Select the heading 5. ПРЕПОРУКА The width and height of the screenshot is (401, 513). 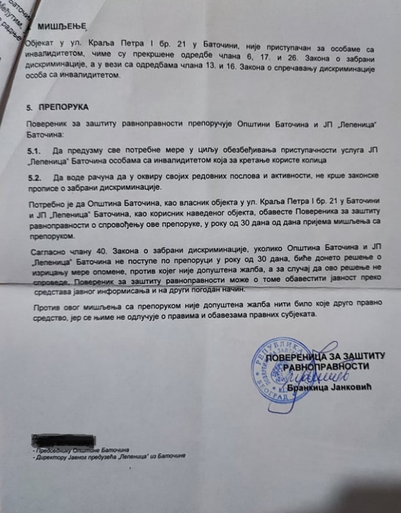(57, 107)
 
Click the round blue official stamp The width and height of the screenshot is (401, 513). (285, 375)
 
